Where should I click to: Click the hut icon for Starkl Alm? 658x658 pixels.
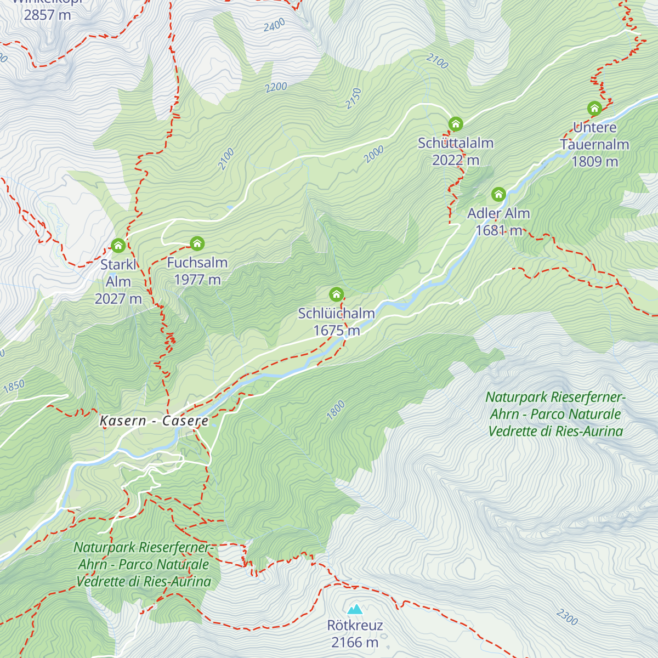coord(118,245)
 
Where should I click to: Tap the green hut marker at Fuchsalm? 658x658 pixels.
coord(197,243)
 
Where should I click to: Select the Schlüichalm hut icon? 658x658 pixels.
coord(336,294)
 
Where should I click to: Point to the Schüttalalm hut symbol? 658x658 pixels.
coord(455,124)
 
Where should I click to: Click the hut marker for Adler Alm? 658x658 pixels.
coord(498,194)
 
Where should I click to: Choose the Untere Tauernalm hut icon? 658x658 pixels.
coord(594,108)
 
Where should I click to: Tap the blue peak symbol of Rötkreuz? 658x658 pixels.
coord(355,609)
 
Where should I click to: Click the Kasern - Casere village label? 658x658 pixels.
coord(154,421)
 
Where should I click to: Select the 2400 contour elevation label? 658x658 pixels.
coord(274,25)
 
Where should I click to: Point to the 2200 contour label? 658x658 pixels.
coord(276,87)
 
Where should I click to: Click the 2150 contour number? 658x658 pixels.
coord(354,99)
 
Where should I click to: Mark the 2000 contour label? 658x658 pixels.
coord(374,155)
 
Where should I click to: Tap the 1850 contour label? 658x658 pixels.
coord(14,386)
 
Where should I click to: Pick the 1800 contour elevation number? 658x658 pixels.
coord(336,410)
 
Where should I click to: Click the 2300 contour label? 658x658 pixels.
coord(567,617)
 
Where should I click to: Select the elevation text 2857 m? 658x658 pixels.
coord(47,15)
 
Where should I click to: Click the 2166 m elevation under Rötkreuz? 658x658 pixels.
coord(355,642)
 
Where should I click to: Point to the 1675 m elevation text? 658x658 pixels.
coord(336,331)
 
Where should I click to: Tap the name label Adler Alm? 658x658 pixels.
coord(498,213)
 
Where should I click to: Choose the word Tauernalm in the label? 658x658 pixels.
coord(594,144)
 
